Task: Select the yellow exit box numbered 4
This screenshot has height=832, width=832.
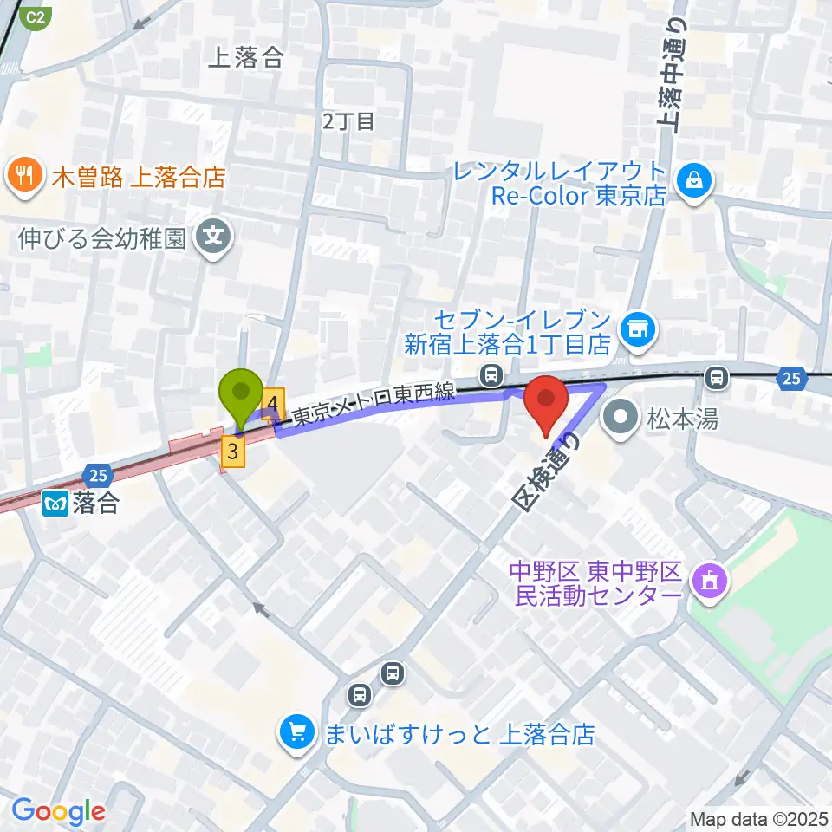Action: click(x=273, y=403)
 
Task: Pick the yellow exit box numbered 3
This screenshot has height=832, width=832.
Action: click(x=231, y=451)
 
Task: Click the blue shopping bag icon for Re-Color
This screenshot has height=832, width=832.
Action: click(x=695, y=181)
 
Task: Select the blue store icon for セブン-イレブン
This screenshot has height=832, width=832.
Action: click(x=640, y=328)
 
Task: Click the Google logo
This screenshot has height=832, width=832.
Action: click(x=58, y=811)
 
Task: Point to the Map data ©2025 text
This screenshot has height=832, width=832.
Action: click(x=759, y=818)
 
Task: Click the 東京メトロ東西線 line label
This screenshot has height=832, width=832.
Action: click(x=374, y=404)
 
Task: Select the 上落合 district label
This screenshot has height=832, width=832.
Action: click(x=246, y=58)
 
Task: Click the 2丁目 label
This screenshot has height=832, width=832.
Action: click(x=348, y=120)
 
